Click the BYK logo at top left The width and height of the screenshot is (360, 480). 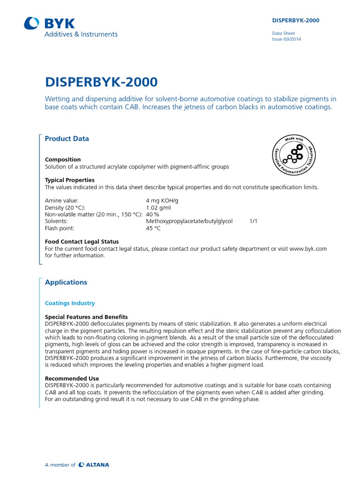[49, 23]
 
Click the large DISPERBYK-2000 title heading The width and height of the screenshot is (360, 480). [101, 82]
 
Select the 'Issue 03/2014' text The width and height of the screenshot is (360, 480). [286, 39]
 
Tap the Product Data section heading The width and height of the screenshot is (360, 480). [67, 139]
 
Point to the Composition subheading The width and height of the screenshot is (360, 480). [63, 159]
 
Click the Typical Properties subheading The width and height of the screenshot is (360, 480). [69, 180]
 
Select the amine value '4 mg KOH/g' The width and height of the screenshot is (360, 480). [162, 201]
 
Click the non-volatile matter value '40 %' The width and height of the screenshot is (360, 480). [153, 215]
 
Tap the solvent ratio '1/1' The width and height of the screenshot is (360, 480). [254, 221]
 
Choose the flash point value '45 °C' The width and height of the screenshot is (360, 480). [153, 228]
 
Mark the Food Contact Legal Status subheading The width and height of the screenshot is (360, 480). [82, 242]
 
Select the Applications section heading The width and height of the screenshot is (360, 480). [66, 282]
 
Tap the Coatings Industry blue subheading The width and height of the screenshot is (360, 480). [70, 303]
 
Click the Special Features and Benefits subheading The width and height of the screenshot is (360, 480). [86, 317]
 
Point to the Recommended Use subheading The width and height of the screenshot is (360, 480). [72, 378]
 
